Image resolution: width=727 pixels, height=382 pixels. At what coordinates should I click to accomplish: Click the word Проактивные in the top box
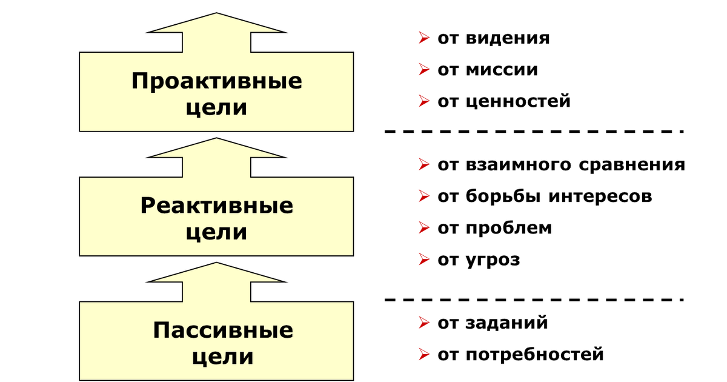pos(216,81)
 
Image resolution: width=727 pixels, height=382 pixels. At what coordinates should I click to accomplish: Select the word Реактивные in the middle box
pos(216,206)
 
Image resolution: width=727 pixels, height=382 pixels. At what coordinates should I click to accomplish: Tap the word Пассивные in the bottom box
pos(222,330)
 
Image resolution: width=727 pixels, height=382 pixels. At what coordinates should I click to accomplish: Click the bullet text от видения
pos(493,38)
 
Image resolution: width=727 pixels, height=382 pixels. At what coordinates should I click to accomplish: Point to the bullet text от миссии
pos(487,70)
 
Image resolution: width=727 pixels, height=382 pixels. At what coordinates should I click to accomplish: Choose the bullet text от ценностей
pos(503,101)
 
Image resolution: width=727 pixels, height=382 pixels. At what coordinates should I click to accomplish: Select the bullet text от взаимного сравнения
pos(561,165)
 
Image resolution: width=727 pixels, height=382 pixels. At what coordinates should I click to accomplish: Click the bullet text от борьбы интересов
pos(544,196)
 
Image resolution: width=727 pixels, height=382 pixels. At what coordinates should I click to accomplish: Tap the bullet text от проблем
pos(494,228)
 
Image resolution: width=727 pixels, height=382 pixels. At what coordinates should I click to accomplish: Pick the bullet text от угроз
pos(479,260)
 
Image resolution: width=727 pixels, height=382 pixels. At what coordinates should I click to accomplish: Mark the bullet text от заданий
pos(493,323)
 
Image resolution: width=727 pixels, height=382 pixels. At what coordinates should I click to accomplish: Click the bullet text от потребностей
pos(520,354)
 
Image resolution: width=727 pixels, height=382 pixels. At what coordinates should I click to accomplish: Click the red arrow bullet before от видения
pos(423,38)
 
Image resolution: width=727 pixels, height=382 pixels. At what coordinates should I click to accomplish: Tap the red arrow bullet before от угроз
pos(423,260)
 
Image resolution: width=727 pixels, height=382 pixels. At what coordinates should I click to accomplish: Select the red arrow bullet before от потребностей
pos(423,354)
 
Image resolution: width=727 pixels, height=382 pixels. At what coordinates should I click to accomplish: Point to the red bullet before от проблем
pos(423,228)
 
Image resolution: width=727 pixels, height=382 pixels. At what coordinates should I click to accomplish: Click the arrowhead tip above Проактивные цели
pos(216,13)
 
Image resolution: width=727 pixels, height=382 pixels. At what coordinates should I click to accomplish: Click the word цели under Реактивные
pos(216,233)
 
